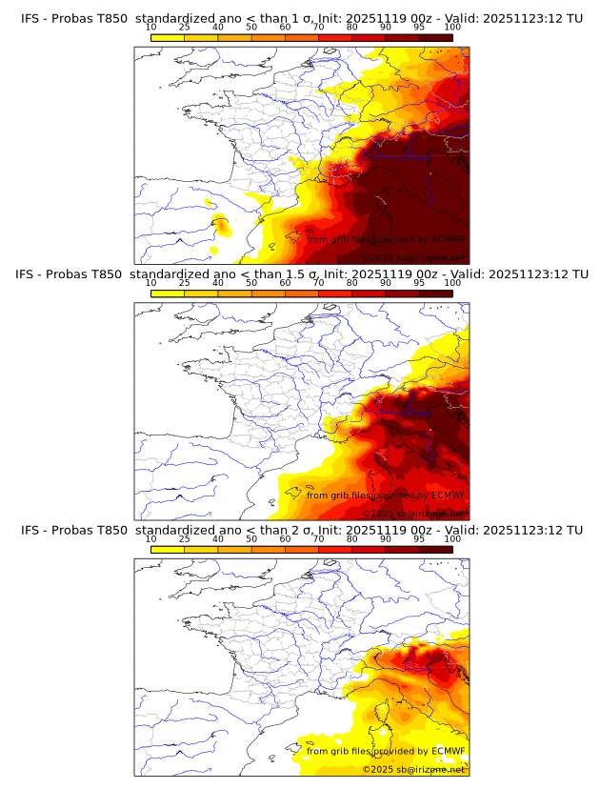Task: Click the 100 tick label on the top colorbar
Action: point(452,27)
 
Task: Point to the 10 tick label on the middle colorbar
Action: point(151,283)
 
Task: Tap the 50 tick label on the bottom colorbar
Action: point(251,539)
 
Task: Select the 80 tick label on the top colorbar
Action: point(352,27)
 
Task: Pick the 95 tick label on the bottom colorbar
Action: point(419,539)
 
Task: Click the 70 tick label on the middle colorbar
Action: point(319,283)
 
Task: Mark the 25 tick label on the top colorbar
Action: point(185,27)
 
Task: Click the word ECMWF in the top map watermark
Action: point(448,239)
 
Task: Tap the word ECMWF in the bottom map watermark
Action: point(448,751)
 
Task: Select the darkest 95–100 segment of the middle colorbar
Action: point(436,293)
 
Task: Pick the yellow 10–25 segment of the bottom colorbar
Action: point(168,549)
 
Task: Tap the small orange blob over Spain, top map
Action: point(221,227)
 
